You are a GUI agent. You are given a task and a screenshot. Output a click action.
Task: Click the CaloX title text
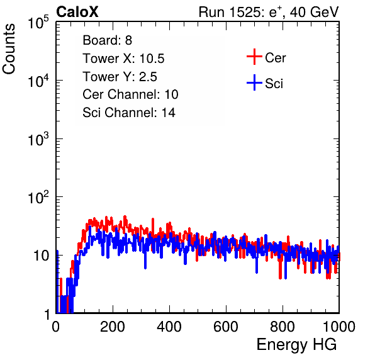tap(77, 12)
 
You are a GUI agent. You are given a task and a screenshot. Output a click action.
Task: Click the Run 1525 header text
tap(269, 12)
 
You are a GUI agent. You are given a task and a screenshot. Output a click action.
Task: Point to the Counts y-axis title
tap(9, 49)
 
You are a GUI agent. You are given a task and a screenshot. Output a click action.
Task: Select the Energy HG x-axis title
tap(296, 344)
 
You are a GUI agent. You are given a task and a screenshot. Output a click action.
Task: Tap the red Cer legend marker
tap(254, 57)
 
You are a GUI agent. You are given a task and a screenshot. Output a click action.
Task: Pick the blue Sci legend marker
tap(254, 83)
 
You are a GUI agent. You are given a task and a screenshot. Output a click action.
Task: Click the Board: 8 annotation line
tap(108, 40)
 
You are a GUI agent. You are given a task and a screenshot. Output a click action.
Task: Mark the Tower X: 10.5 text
tap(124, 59)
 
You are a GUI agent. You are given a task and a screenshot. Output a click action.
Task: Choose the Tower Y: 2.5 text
tap(120, 77)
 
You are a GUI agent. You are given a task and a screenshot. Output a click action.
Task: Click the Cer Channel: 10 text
tap(131, 94)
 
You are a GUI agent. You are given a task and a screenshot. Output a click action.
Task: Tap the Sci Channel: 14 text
tap(129, 113)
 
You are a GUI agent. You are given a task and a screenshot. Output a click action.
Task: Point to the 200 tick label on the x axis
tap(113, 327)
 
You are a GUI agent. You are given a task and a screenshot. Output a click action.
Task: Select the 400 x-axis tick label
tap(169, 327)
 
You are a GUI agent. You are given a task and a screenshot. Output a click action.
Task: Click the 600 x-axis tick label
tap(226, 327)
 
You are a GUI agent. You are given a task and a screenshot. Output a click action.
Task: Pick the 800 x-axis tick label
tap(283, 327)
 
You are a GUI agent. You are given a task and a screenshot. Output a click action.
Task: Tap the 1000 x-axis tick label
tap(339, 327)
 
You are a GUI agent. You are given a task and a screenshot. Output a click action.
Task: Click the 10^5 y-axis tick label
tap(38, 22)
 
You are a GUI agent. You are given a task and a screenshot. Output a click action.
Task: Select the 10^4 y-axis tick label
tap(38, 81)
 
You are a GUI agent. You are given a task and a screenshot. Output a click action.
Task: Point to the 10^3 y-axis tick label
tap(38, 138)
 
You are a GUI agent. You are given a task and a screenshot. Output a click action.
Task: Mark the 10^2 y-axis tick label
tap(38, 197)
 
